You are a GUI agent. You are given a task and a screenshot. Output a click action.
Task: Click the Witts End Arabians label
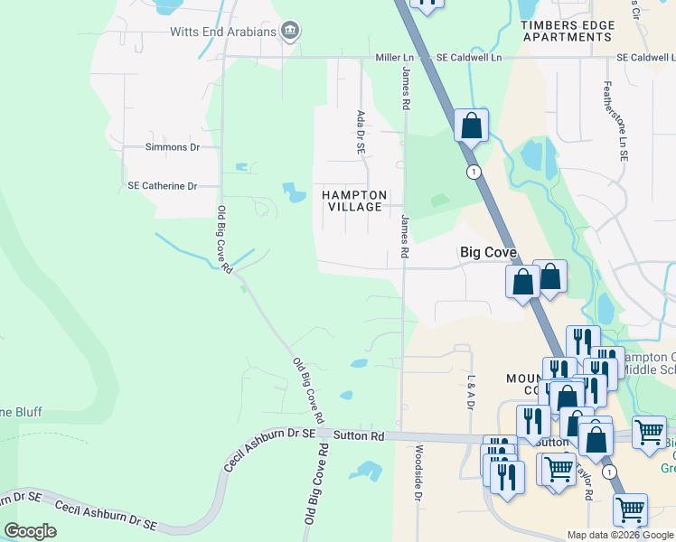223,32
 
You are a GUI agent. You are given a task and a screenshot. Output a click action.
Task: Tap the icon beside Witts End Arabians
290,32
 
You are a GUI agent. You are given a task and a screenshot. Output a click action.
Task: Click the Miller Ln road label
395,57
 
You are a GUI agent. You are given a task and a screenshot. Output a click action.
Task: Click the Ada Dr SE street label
361,131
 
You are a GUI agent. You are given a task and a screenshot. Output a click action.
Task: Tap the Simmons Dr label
172,146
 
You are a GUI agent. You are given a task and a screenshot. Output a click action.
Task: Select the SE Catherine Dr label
162,186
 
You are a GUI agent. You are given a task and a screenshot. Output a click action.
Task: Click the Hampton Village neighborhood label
354,201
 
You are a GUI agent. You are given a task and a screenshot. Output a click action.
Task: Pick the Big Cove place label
488,253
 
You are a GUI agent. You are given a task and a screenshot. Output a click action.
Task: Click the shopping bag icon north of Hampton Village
471,126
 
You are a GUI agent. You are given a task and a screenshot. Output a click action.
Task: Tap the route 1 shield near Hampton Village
473,172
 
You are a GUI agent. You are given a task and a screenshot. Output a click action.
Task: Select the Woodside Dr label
418,472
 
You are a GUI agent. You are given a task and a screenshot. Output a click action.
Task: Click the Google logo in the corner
31,531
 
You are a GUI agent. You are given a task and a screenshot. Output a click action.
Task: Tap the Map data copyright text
620,535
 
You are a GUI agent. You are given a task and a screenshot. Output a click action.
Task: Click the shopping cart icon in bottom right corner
630,510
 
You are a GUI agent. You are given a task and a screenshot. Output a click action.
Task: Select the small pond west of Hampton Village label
295,191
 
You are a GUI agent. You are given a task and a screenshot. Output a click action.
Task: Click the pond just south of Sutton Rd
367,470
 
